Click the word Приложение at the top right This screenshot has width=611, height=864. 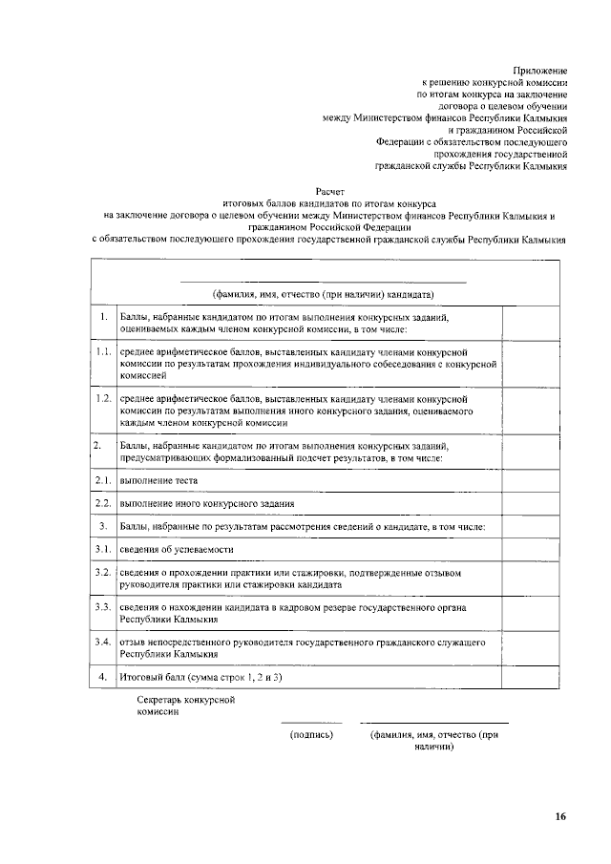click(540, 72)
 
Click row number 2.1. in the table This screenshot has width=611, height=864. click(103, 480)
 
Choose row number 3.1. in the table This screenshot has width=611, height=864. click(103, 549)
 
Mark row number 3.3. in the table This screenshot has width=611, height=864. click(103, 606)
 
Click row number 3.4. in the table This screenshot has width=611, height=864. click(103, 643)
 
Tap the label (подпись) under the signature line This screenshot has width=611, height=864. click(311, 735)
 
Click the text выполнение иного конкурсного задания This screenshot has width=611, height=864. click(206, 503)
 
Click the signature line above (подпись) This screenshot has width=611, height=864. click(311, 723)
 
